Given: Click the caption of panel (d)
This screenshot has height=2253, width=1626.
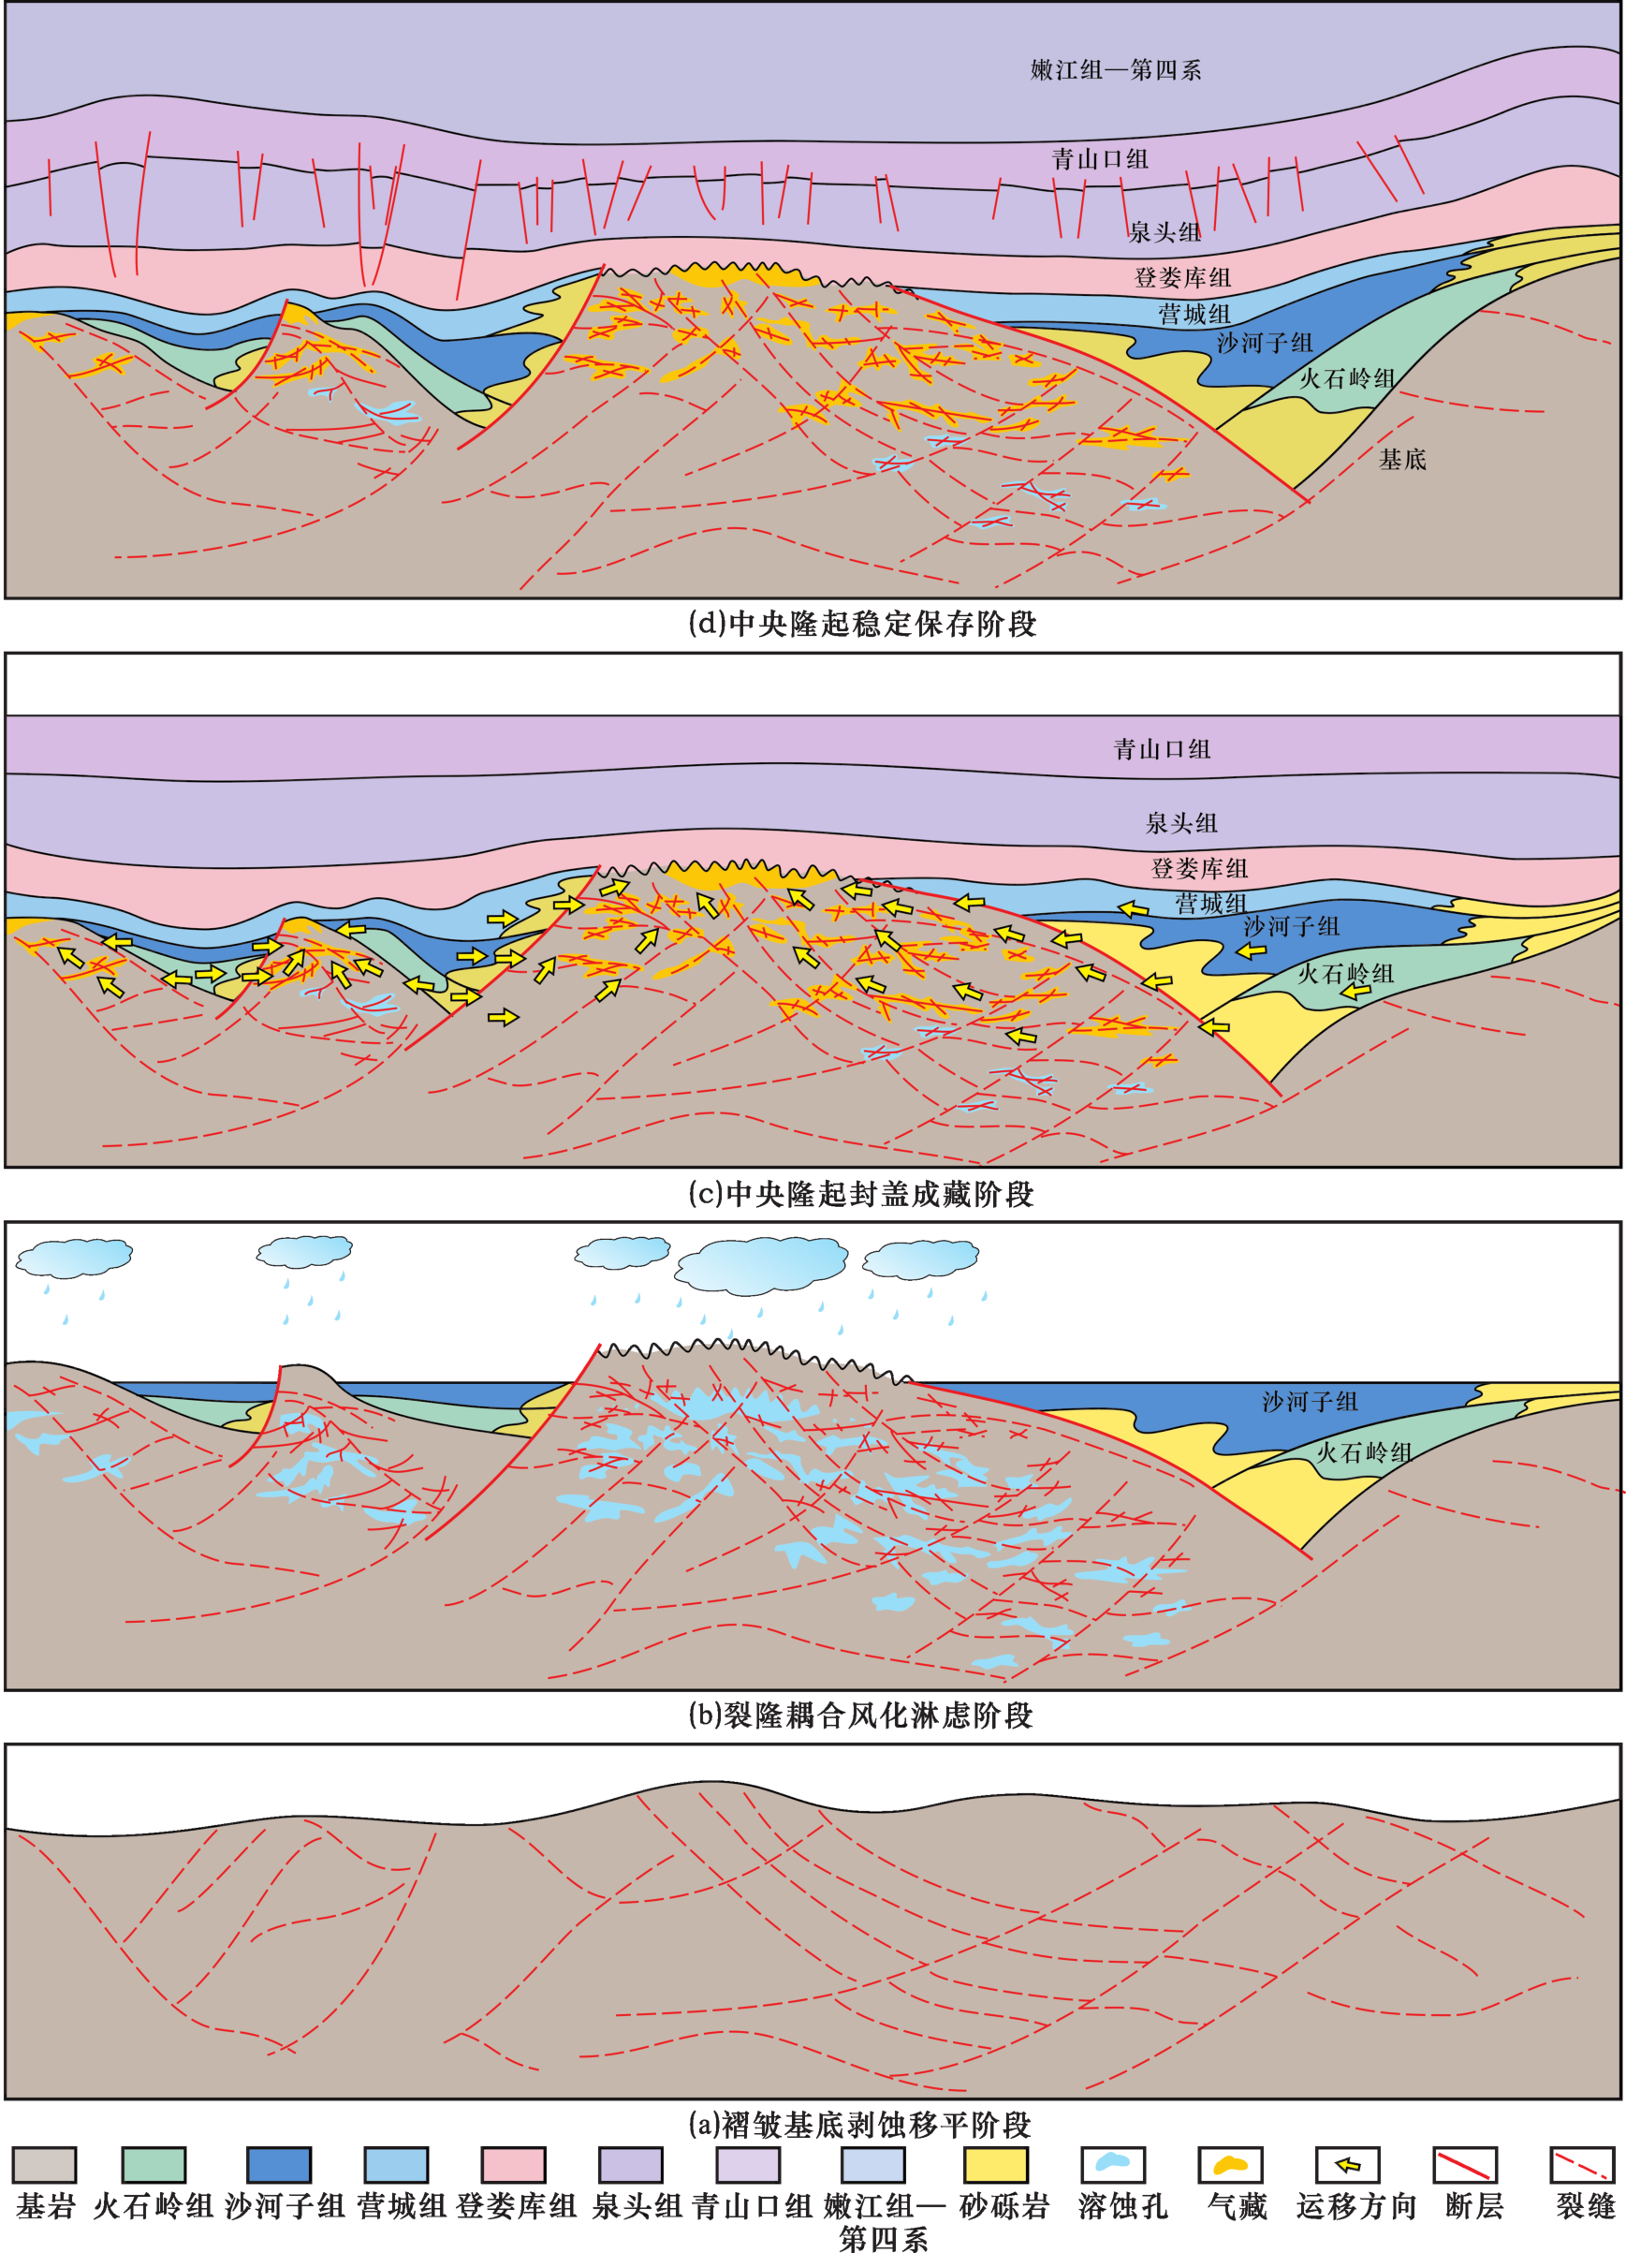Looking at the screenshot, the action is click(862, 624).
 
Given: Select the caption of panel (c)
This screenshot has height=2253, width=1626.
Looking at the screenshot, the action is click(861, 1193).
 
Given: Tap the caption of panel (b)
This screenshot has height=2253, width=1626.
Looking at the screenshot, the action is click(861, 1715).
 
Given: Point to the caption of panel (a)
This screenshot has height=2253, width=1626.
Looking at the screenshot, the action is click(860, 2124).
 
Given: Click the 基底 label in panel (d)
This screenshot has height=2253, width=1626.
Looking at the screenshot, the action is click(1402, 459).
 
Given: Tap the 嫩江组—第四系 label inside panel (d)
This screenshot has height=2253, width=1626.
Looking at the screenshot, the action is click(1117, 69).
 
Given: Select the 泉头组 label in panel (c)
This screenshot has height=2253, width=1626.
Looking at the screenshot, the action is click(1181, 822).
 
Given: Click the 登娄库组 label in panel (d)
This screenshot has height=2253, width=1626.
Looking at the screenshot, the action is click(1183, 277).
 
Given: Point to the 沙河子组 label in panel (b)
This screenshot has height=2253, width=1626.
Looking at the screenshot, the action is click(1311, 1401).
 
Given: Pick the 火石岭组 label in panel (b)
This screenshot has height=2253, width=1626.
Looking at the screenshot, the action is click(1364, 1452).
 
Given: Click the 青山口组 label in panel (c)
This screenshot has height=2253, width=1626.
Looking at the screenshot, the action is click(1162, 749).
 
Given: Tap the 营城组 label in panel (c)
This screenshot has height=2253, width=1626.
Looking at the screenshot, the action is click(1210, 903).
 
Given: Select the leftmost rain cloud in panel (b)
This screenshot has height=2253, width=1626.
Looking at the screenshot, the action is click(75, 1257).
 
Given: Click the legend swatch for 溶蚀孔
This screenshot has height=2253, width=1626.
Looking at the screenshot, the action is click(1112, 2165).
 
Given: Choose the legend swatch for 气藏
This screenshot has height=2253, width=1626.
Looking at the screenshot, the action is click(1231, 2165).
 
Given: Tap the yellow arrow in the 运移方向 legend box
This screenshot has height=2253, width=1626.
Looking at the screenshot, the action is click(1348, 2165).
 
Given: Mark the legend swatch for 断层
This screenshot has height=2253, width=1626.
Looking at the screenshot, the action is click(1465, 2165).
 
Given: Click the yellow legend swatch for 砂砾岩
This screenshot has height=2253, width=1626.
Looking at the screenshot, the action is click(995, 2165).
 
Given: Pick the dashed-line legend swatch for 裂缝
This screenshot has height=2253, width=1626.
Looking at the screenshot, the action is click(1582, 2165).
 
